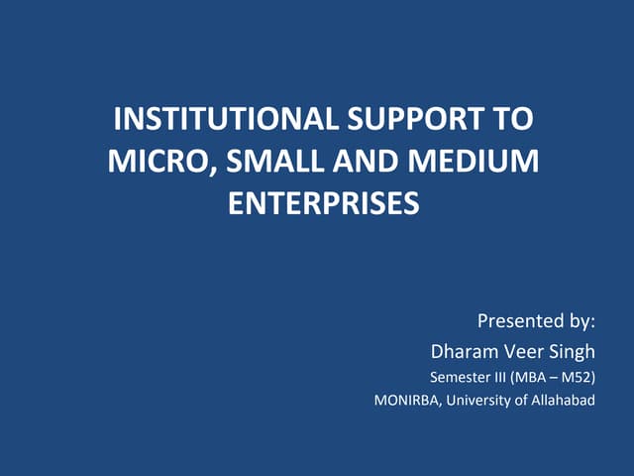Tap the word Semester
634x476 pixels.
pyautogui.click(x=460, y=377)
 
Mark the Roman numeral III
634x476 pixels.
pyautogui.click(x=501, y=377)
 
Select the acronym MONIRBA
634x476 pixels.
pyautogui.click(x=406, y=402)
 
